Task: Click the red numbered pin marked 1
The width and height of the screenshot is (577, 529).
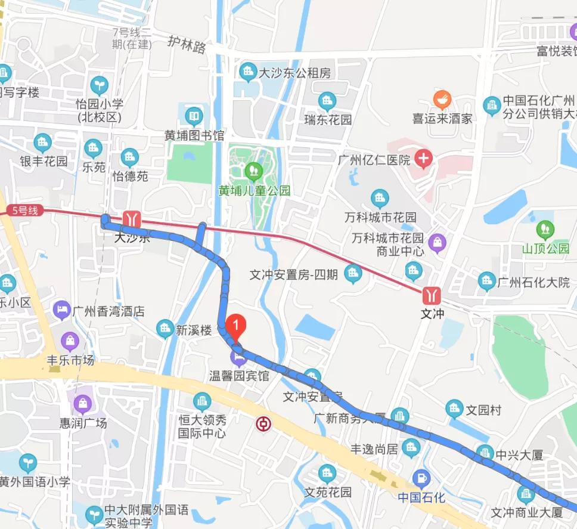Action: point(237,326)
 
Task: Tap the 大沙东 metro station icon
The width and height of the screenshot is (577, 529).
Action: point(131,219)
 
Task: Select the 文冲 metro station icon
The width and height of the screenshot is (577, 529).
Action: point(432,295)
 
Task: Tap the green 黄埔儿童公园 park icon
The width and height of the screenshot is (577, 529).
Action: point(254,171)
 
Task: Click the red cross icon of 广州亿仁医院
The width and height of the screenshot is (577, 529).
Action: point(424,159)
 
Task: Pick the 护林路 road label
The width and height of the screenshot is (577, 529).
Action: point(187,45)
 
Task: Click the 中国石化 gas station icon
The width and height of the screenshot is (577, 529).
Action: point(421,477)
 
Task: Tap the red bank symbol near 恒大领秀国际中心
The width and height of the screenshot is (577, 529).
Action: point(263,425)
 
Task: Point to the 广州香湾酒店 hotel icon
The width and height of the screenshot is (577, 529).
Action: point(61,310)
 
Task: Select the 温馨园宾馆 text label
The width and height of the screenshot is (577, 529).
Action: point(239,376)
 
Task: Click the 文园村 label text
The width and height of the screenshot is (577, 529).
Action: point(483,410)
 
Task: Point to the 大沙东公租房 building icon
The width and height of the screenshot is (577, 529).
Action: point(247,73)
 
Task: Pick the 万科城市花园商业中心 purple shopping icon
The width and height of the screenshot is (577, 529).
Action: point(438,242)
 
